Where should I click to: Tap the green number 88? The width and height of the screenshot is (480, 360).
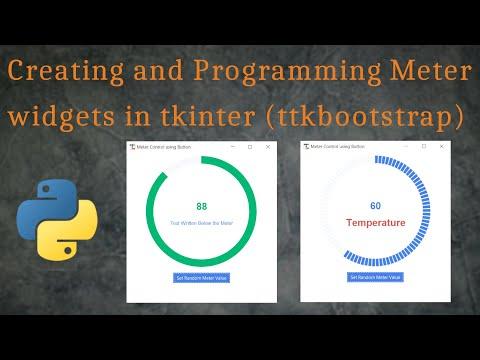pyautogui.click(x=201, y=206)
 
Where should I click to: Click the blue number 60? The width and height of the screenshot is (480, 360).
pyautogui.click(x=375, y=206)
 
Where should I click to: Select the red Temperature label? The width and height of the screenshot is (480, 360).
pyautogui.click(x=375, y=223)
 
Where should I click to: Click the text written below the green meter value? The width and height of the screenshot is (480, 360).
pyautogui.click(x=201, y=223)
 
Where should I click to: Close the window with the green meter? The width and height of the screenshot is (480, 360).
pyautogui.click(x=268, y=147)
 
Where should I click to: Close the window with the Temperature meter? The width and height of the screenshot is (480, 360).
pyautogui.click(x=442, y=147)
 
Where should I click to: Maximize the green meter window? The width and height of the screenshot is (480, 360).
pyautogui.click(x=250, y=147)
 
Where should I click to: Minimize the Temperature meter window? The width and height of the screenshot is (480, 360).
pyautogui.click(x=406, y=147)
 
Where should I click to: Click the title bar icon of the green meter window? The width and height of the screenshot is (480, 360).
pyautogui.click(x=133, y=147)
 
